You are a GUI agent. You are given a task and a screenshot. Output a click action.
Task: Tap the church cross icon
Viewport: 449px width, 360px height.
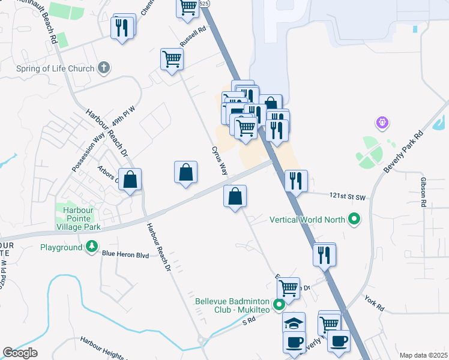click(104, 67)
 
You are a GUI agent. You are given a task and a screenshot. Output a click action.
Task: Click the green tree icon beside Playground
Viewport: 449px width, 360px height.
click(91, 247)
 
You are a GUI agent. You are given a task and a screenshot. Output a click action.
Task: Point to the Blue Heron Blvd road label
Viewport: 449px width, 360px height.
click(125, 254)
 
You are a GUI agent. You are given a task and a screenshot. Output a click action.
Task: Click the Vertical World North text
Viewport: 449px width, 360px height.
click(307, 220)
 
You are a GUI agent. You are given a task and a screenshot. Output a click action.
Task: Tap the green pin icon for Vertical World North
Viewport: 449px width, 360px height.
click(354, 220)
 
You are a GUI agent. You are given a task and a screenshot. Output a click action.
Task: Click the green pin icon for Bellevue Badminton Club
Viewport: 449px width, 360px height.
click(279, 305)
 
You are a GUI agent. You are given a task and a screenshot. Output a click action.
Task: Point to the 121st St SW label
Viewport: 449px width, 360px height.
click(348, 196)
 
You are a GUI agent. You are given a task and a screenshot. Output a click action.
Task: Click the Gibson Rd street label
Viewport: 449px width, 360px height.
click(423, 193)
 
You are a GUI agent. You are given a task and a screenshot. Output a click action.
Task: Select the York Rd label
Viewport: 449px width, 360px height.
click(373, 302)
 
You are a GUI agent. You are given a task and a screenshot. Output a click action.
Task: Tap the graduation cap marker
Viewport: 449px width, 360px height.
click(294, 323)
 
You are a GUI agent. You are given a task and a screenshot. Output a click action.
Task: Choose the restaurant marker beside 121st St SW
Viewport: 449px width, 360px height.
click(295, 180)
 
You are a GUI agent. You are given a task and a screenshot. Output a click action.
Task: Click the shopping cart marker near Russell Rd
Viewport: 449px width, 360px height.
click(172, 59)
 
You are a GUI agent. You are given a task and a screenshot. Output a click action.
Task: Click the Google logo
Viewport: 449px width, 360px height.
click(20, 353)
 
